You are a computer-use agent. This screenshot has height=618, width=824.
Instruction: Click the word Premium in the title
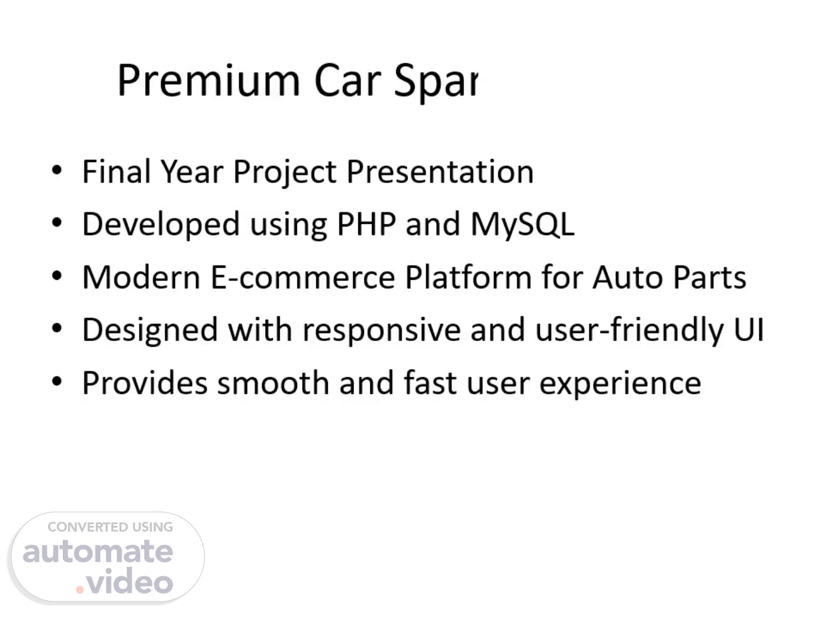click(209, 80)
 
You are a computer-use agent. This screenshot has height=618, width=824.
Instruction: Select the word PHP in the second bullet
click(366, 224)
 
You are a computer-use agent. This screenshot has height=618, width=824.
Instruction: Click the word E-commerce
click(303, 278)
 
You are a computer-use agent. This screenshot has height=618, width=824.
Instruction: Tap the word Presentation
click(440, 172)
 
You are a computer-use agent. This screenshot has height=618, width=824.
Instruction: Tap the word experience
click(620, 384)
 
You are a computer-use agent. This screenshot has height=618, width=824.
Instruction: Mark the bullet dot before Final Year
click(57, 170)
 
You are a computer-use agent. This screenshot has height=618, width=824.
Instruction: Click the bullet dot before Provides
click(57, 381)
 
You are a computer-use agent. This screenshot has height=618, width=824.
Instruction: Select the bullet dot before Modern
click(57, 276)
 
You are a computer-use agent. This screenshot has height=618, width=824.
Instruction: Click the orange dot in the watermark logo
click(80, 589)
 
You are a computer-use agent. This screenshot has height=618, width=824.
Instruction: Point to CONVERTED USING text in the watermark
click(110, 527)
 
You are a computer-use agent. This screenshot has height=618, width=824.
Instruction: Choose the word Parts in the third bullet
click(710, 278)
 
